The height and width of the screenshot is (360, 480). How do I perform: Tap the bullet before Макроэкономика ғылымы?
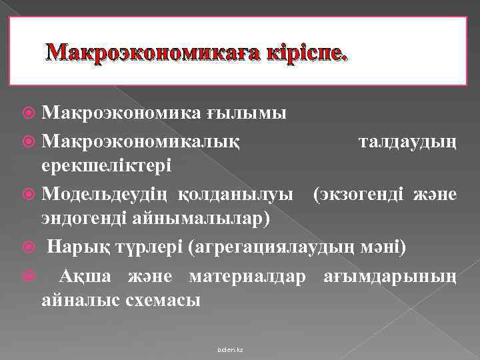pos(28,114)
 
